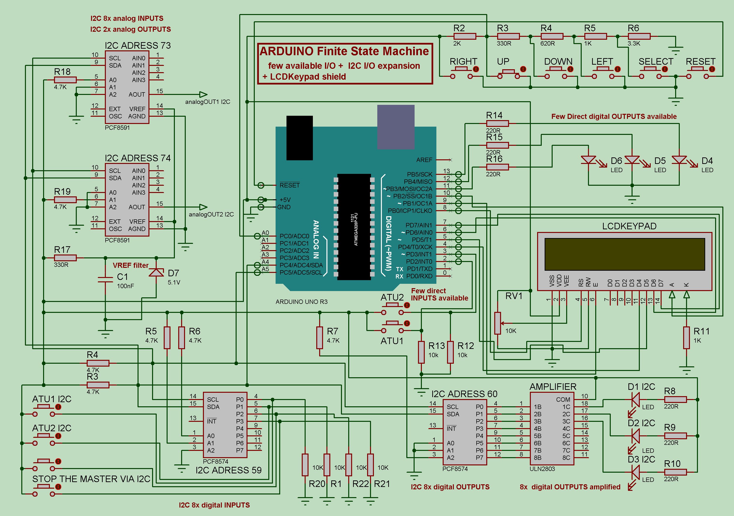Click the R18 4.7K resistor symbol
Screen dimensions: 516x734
65,80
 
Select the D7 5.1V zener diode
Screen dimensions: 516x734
156,272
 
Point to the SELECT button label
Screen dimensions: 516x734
656,62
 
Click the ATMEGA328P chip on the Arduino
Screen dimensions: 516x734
354,226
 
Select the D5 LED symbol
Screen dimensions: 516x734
632,160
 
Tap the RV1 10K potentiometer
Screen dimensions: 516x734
498,323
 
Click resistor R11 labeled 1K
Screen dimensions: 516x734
686,338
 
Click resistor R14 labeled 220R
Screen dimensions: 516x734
497,123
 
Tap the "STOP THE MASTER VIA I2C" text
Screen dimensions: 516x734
91,479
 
